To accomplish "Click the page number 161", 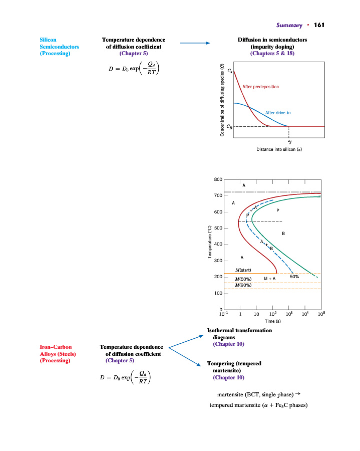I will [320, 26].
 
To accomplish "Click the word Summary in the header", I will [289, 26].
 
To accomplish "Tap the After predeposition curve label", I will [260, 87].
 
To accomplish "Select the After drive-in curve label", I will [277, 113].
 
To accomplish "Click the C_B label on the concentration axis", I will [230, 127].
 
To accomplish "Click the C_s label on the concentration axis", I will [230, 72].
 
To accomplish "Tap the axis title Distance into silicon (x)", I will [272, 149].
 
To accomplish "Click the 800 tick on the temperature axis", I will [218, 179].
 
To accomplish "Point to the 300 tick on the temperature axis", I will [218, 261].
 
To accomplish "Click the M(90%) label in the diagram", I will [243, 285].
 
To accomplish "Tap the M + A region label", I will [270, 279].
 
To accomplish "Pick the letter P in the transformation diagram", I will [277, 210].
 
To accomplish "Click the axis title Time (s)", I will [273, 321].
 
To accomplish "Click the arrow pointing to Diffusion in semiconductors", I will [194, 44].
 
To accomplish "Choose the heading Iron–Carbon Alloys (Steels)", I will [58, 350].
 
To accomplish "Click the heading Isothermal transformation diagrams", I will [239, 334].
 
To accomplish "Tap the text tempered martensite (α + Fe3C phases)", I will [258, 405].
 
